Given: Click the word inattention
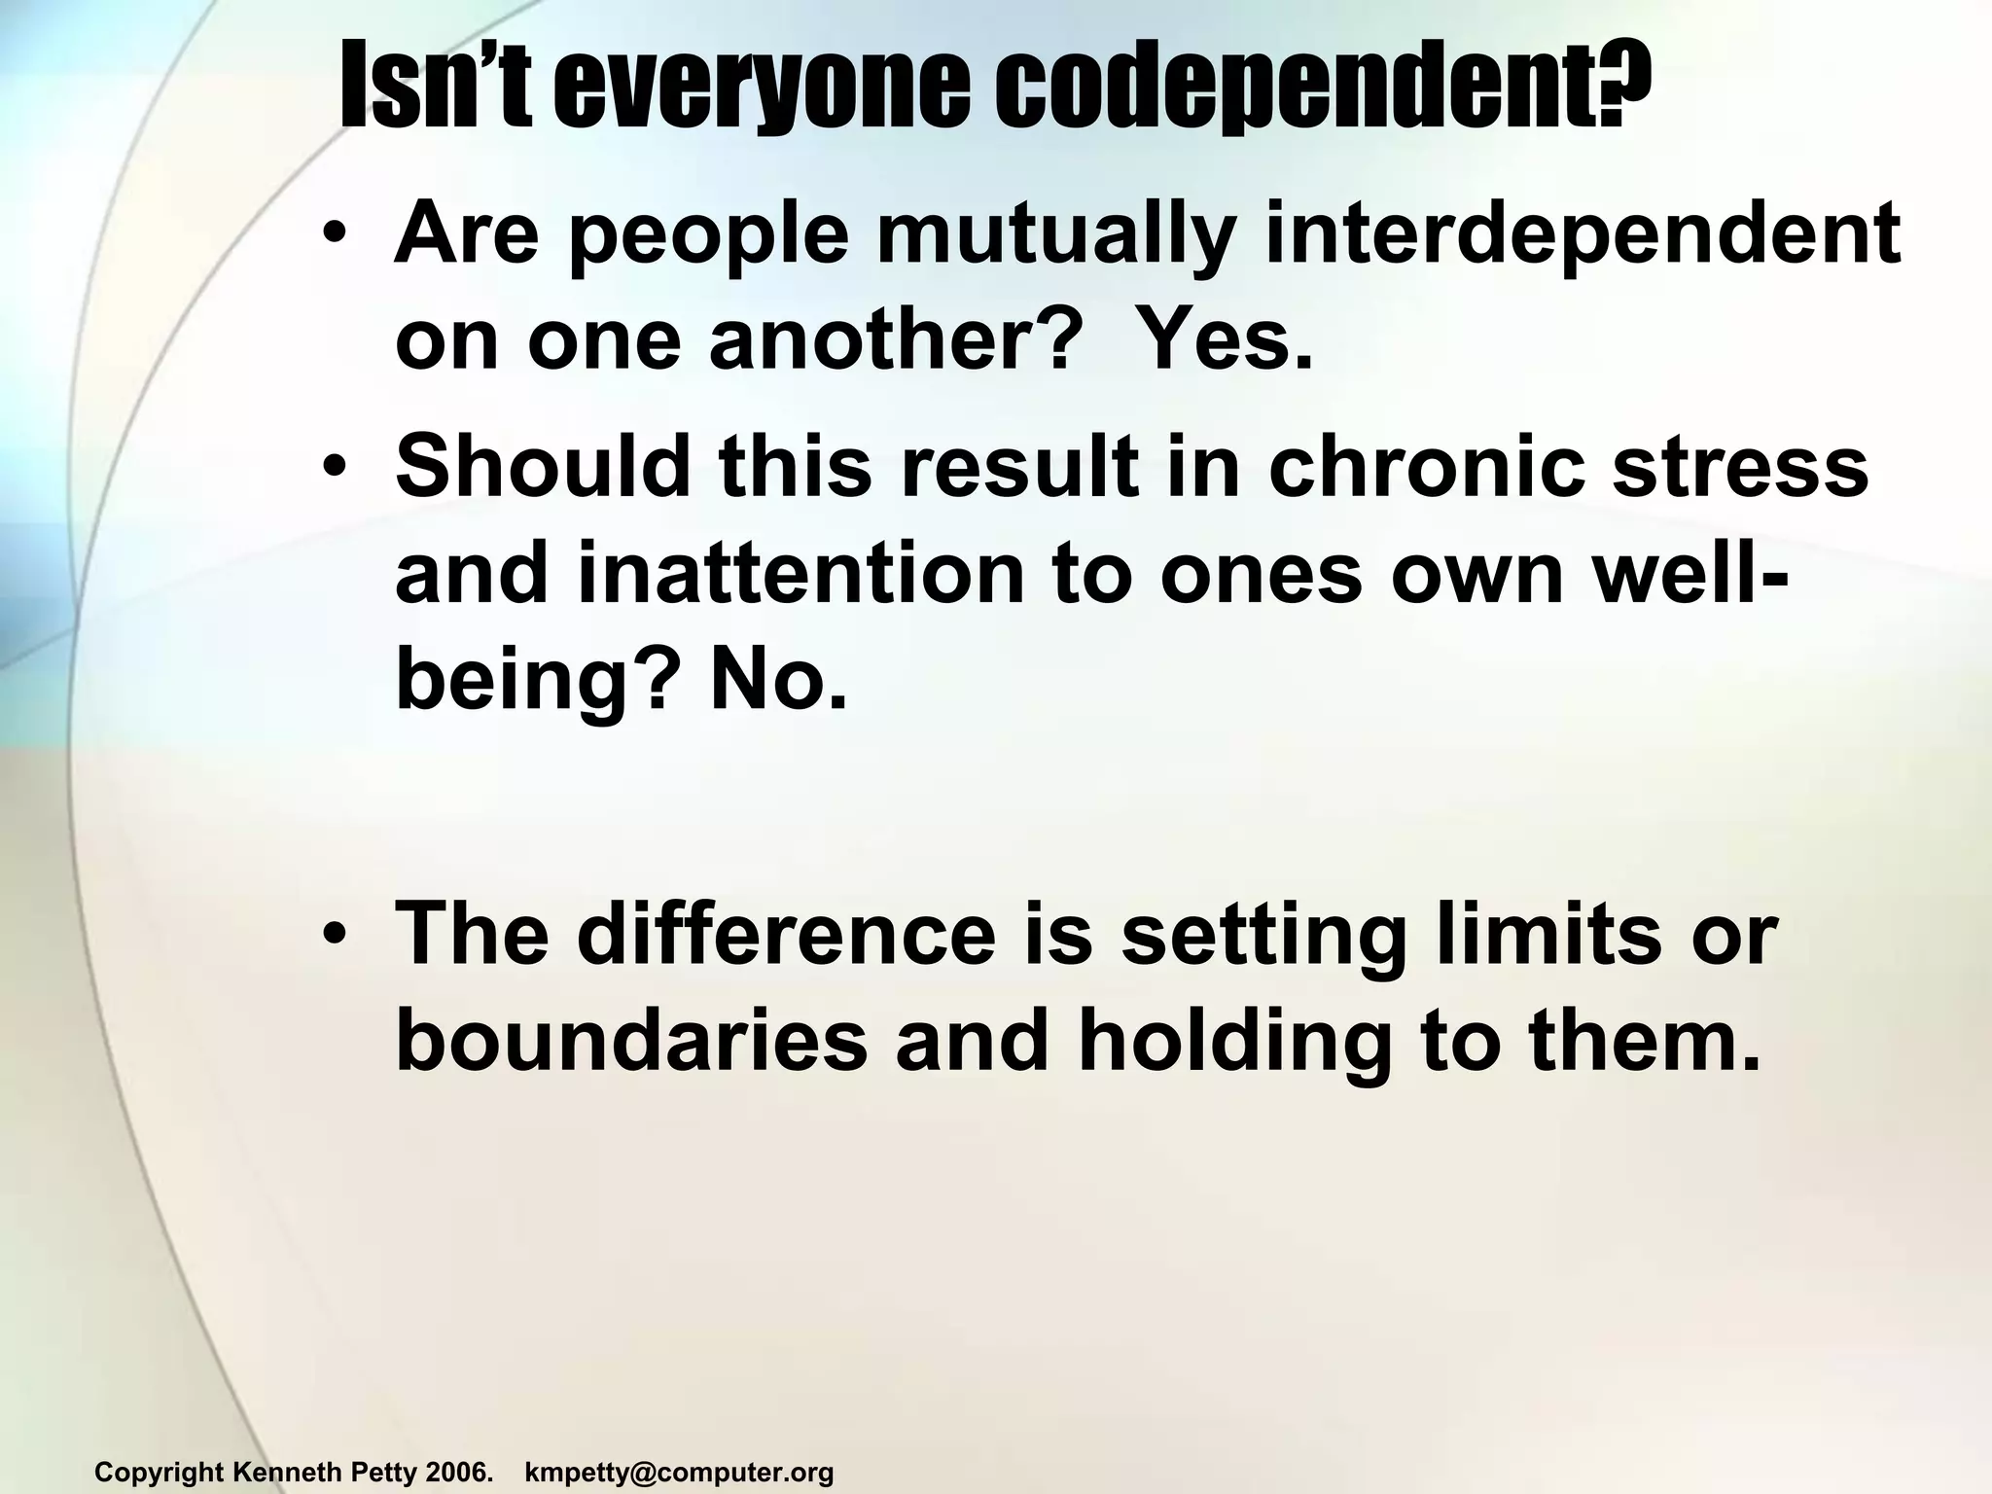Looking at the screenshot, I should tap(801, 575).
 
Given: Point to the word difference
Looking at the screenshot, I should tap(787, 935).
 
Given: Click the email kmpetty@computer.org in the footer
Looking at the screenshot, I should tap(679, 1473).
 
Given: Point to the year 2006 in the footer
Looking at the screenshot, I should tap(457, 1473).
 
